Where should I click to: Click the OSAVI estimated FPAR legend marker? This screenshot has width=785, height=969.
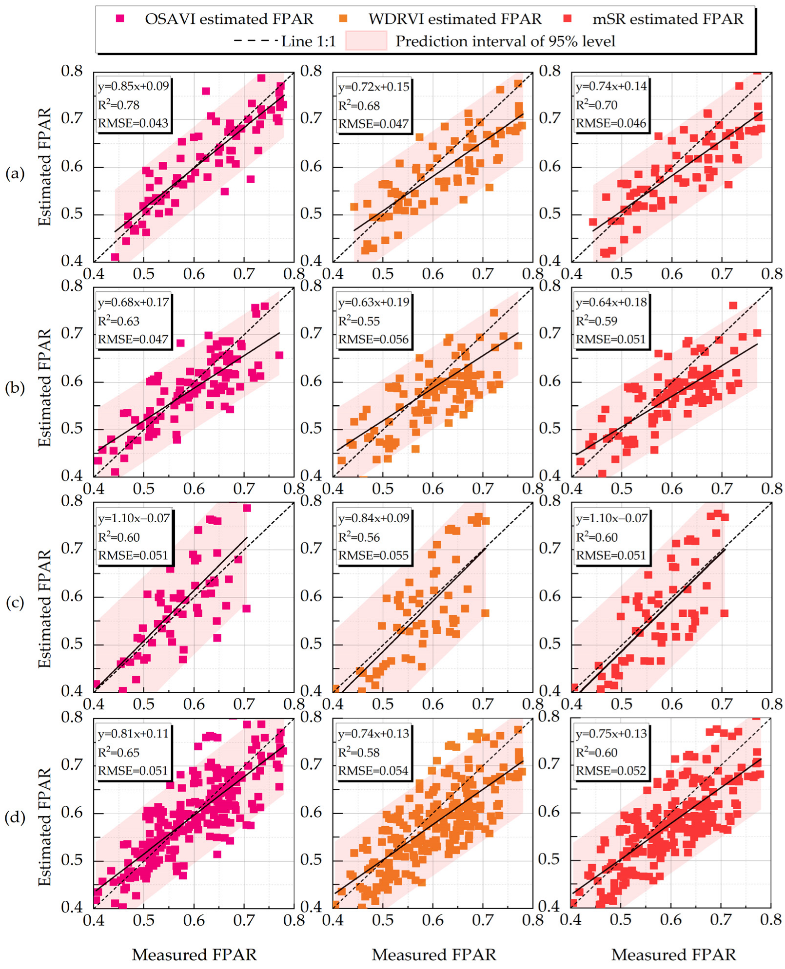coord(120,19)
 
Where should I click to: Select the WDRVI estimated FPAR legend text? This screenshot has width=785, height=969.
coord(454,19)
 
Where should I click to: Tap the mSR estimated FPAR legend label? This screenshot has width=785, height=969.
coord(667,19)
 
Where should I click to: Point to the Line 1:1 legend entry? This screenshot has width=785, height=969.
coord(285,41)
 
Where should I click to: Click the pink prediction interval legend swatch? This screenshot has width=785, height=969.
coord(366,41)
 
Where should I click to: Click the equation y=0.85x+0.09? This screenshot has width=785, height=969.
coord(133,86)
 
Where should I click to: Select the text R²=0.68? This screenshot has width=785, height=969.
coord(359,106)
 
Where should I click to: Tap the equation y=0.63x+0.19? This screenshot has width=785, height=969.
coord(373,302)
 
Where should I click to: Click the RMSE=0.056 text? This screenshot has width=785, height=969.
coord(373,340)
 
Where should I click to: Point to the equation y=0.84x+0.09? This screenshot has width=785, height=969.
coord(373,518)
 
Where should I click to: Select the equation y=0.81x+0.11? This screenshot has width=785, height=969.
coord(133,734)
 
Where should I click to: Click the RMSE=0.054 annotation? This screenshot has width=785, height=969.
coord(373,771)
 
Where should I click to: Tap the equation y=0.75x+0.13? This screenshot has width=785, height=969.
coord(611,734)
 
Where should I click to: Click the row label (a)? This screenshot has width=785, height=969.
coord(15,173)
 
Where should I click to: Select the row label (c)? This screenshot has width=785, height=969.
coord(15,603)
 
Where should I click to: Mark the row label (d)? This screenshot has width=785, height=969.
coord(15,817)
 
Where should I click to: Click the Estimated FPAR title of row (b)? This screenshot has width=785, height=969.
coord(45,388)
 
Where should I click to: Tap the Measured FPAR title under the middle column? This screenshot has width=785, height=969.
coord(434,954)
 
